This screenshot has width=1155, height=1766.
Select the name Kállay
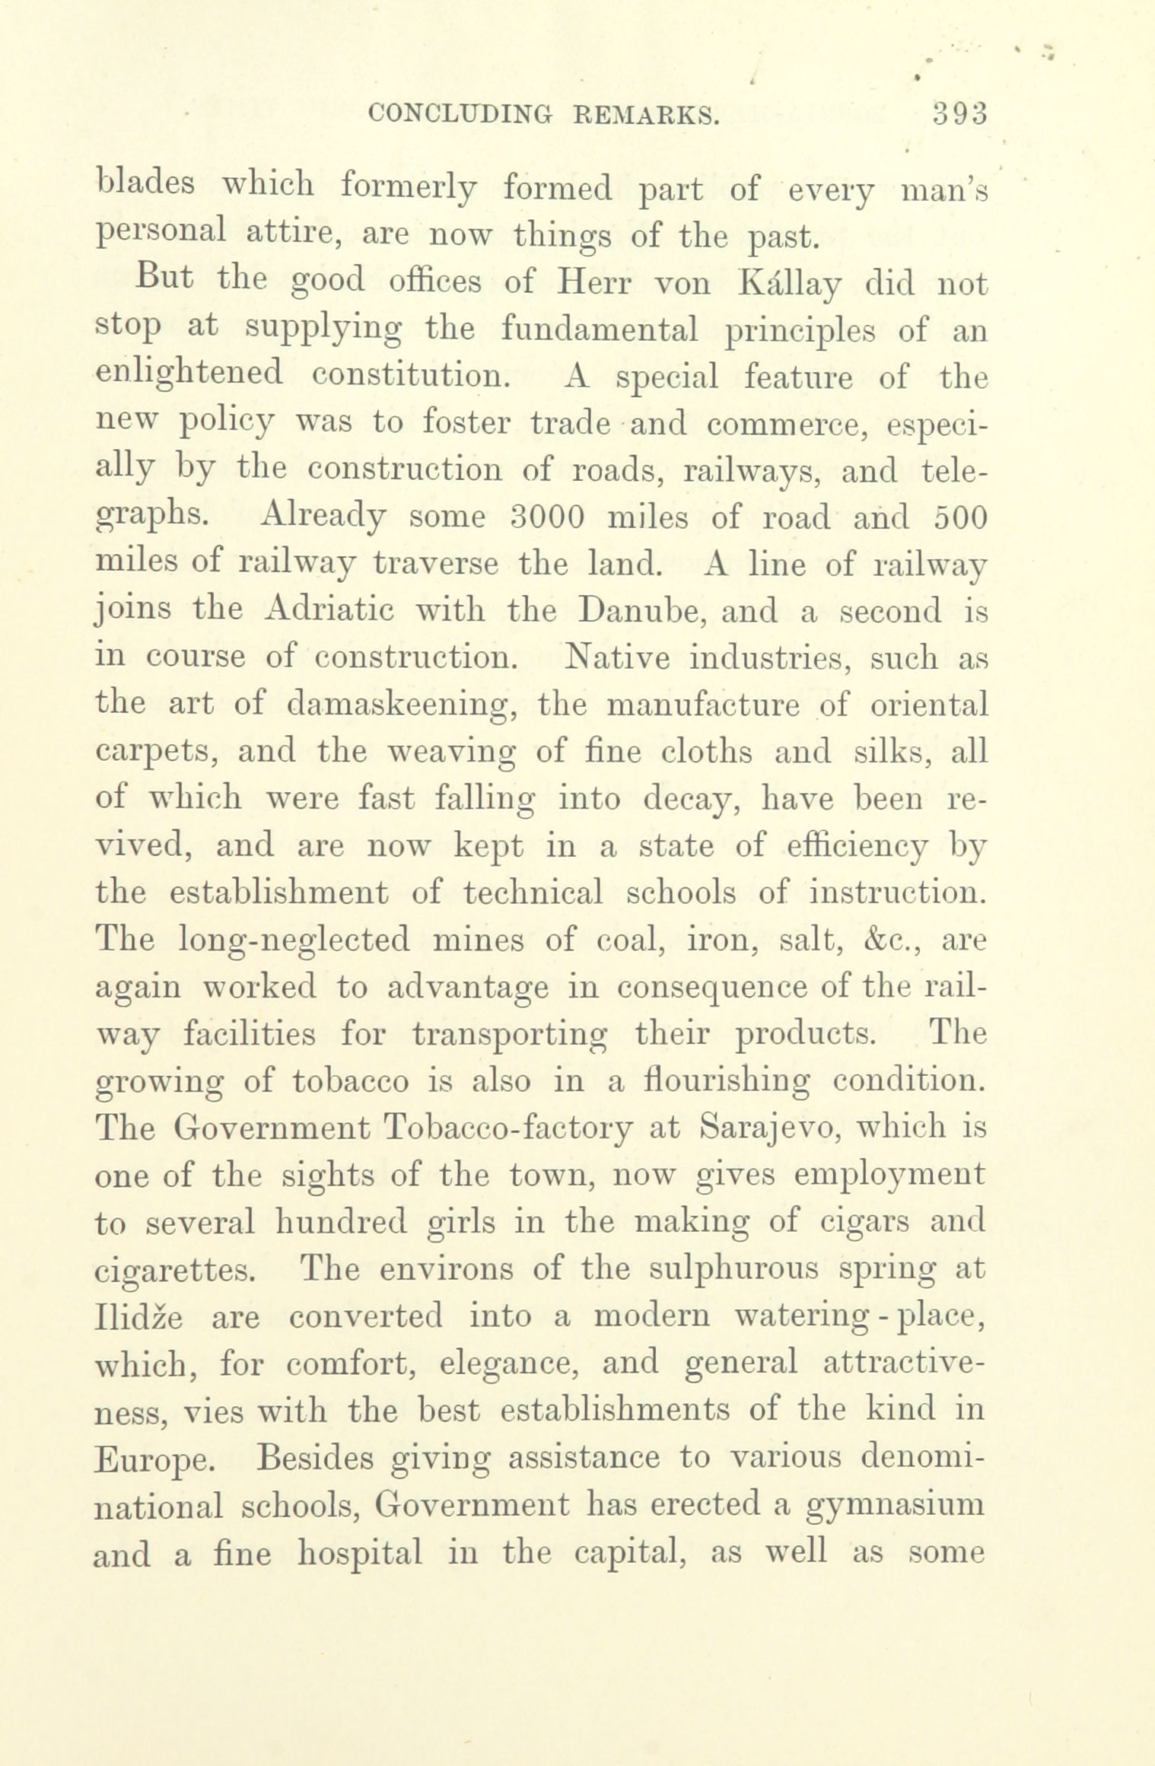tap(788, 285)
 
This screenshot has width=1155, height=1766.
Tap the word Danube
tap(632, 610)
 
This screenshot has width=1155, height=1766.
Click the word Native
tap(618, 657)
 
